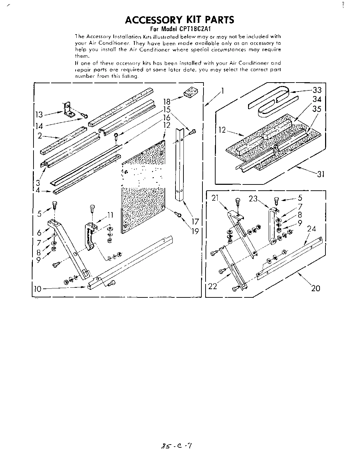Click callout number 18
pos(167,101)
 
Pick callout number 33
pos(316,90)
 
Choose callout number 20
pos(315,288)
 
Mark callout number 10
pos(37,289)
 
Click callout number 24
pos(311,229)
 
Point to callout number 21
pos(216,198)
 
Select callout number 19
pos(195,231)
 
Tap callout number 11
pos(110,215)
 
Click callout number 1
pos(223,91)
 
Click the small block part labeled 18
pos(189,92)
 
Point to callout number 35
pos(316,109)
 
